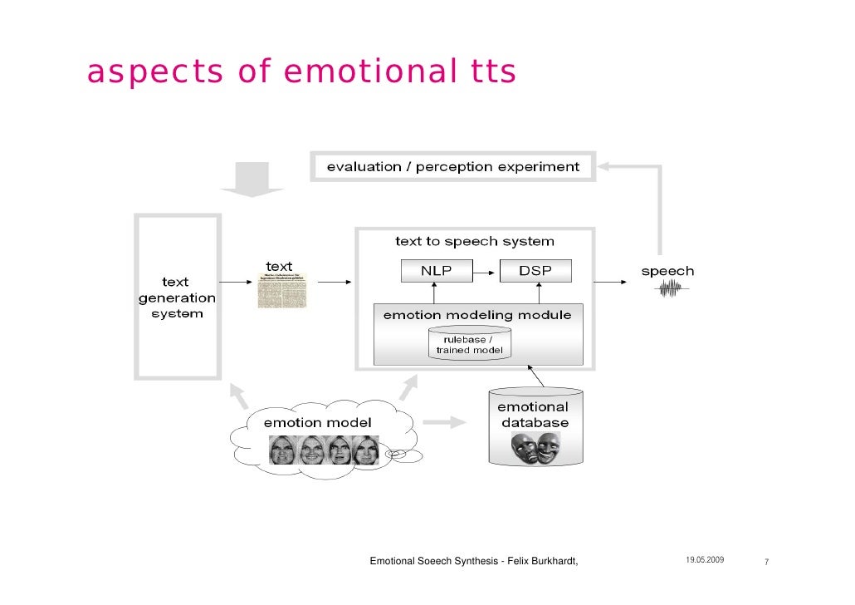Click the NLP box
tap(437, 271)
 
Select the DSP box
tap(535, 271)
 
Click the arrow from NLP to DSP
tap(486, 271)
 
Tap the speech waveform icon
tap(671, 289)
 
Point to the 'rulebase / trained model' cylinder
tap(470, 344)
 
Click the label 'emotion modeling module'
tap(476, 315)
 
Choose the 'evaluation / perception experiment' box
tap(452, 166)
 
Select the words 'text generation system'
tap(176, 298)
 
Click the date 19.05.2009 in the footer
tap(705, 562)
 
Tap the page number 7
tap(765, 563)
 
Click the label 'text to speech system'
tap(474, 241)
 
